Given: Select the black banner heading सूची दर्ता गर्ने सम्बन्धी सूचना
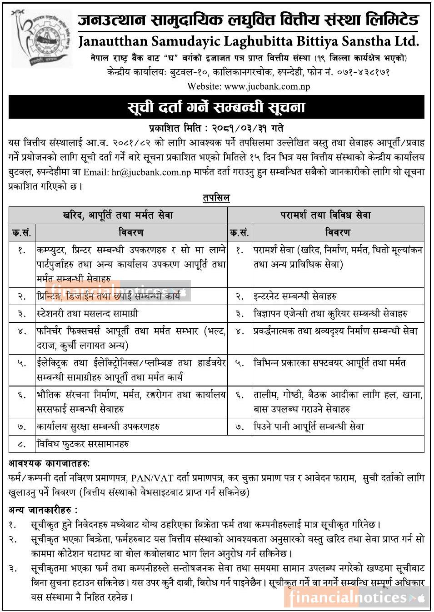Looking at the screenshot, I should (x=216, y=107).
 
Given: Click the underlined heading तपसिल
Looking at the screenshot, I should (x=216, y=198).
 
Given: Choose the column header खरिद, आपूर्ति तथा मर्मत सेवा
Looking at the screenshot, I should (x=118, y=215).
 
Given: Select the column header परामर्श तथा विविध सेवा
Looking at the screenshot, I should (x=326, y=215).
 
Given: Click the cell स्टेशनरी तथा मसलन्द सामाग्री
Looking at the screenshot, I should (x=87, y=313).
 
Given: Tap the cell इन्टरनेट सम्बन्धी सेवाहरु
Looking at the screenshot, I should (x=295, y=296).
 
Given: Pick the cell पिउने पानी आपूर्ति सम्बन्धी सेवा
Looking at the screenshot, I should (x=309, y=427).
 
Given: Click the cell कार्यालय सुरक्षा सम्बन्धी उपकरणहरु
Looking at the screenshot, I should (x=98, y=427).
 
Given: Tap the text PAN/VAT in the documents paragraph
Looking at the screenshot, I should (x=148, y=478).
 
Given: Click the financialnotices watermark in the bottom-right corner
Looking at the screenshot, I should (x=356, y=597).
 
